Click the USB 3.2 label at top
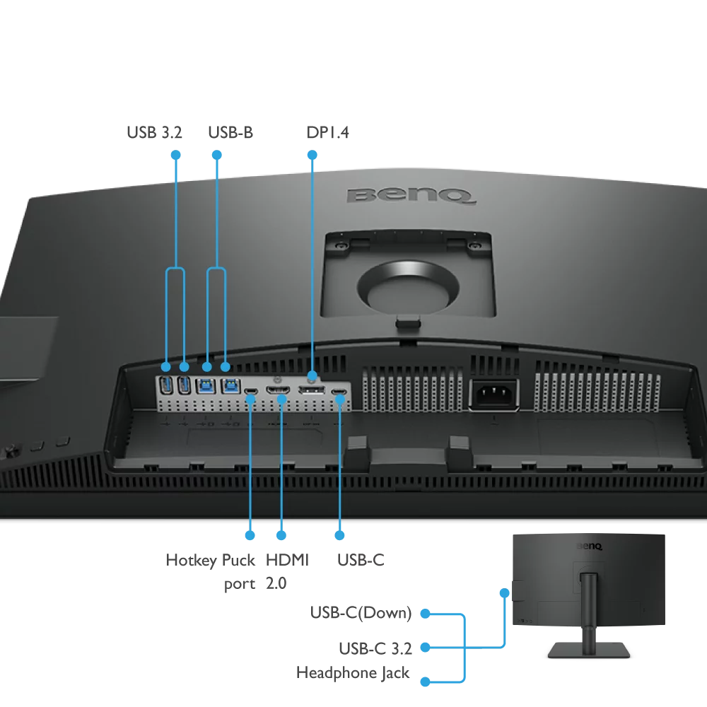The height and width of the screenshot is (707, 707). pos(154,133)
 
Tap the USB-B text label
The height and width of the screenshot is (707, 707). pos(230,133)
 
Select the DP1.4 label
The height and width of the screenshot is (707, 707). pos(328,133)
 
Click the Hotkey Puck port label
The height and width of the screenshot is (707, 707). pos(210,571)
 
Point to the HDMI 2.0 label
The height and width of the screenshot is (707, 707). pos(287,571)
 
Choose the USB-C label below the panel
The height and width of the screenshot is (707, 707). pos(361,560)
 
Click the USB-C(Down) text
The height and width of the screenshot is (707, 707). pos(361,613)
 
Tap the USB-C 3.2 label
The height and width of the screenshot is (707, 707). pos(375,648)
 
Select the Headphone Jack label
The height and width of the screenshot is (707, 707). pos(353,672)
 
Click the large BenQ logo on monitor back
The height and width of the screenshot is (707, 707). pos(410,194)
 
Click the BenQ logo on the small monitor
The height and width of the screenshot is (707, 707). pos(589,546)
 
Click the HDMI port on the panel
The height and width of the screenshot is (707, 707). pos(277,390)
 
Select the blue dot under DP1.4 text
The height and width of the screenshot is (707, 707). pos(311,153)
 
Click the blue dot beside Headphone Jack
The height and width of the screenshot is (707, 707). pos(425,682)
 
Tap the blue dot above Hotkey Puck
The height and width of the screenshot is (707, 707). pos(250,535)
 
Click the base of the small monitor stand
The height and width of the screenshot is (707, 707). pos(588,648)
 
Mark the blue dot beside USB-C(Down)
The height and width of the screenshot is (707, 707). pos(425,614)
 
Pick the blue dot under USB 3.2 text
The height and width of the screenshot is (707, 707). pos(175,153)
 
